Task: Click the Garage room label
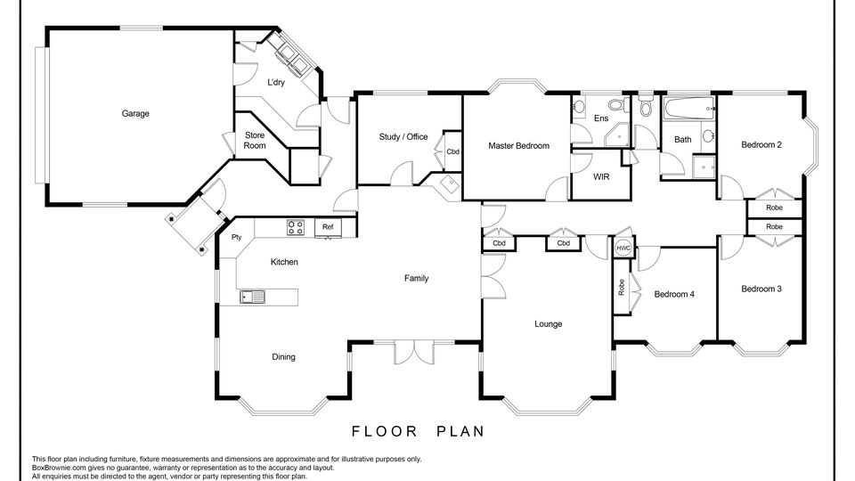(x=135, y=113)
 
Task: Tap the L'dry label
(x=276, y=82)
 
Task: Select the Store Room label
(x=255, y=140)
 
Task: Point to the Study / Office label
(x=403, y=137)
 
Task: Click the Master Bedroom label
(x=518, y=145)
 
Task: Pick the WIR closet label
(x=601, y=176)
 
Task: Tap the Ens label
(x=601, y=118)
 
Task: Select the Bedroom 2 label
(x=761, y=144)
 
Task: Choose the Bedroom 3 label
(x=761, y=289)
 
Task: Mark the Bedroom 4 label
(x=674, y=294)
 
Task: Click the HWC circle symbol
(x=623, y=249)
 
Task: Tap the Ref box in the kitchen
(x=328, y=227)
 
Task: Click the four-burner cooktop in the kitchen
(x=296, y=227)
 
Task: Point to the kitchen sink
(x=252, y=297)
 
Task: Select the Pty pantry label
(x=236, y=237)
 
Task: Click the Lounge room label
(x=548, y=324)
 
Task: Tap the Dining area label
(x=283, y=356)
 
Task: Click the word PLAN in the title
(x=460, y=431)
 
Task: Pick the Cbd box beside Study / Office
(x=453, y=151)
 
